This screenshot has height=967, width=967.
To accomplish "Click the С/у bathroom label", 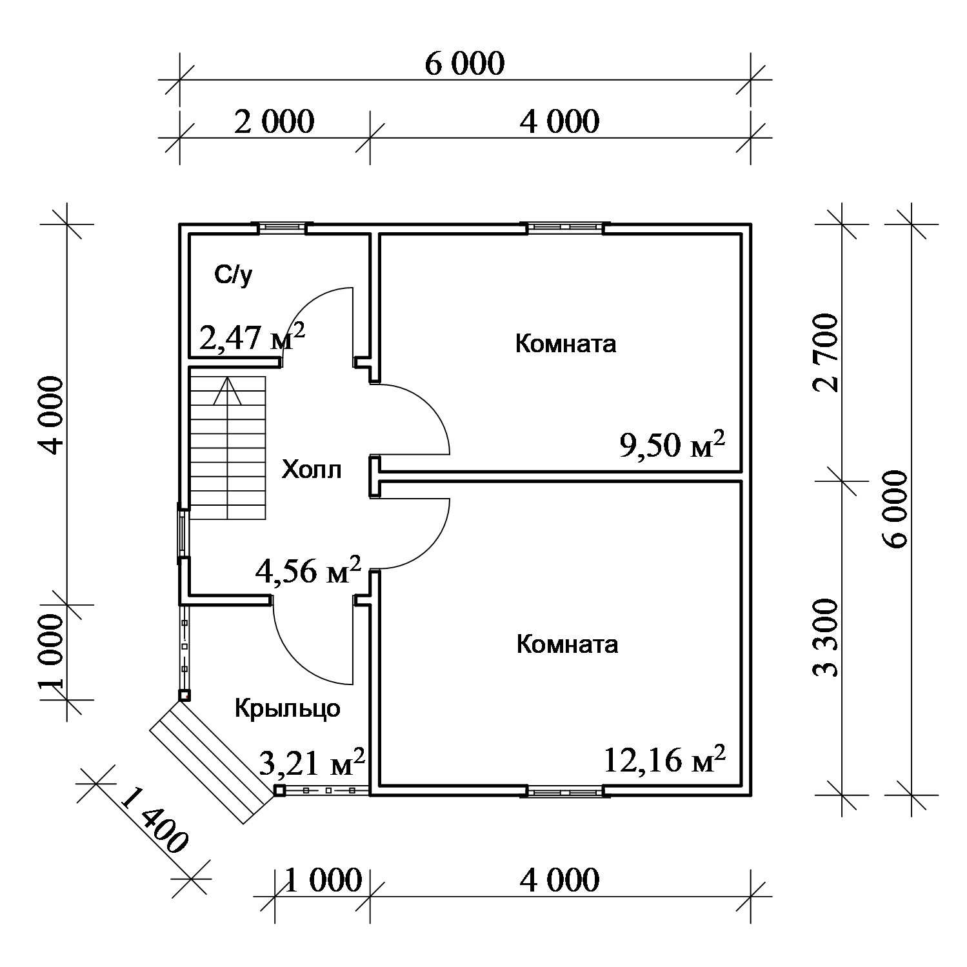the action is coord(234,276).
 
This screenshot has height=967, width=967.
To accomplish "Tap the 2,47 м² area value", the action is coord(252,337).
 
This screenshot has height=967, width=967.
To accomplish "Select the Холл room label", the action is coord(312,470).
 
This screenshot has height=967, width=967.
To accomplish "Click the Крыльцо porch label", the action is coord(287,708).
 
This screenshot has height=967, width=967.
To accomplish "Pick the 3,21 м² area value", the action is coord(312,763).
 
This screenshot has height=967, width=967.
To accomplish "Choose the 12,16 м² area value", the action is coord(665,759).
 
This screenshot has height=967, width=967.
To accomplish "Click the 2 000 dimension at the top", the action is coord(274,121).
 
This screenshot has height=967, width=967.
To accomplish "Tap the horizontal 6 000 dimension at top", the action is coord(464,63).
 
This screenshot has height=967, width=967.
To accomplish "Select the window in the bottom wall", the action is coord(566,790).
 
